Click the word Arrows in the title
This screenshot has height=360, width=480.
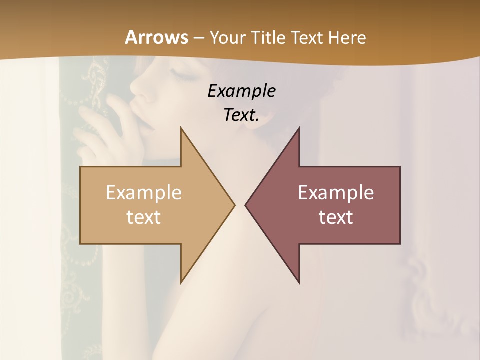[x=156, y=37]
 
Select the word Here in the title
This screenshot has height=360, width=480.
[x=346, y=37]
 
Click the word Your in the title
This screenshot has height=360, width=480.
[x=228, y=37]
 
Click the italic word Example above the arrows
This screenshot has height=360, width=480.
[x=242, y=91]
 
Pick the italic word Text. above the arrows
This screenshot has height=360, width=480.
[x=242, y=115]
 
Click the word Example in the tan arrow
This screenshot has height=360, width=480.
[x=144, y=192]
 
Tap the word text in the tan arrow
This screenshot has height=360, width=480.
[x=144, y=217]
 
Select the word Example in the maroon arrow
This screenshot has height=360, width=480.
[x=336, y=192]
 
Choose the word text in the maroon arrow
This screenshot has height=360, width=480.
[x=336, y=217]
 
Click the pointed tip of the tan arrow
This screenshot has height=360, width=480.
[x=234, y=205]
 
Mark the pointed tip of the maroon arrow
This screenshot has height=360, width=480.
[x=245, y=205]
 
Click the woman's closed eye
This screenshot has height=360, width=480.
[x=181, y=76]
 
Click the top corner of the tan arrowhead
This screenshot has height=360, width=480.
[x=181, y=128]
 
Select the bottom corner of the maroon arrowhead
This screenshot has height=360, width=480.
[x=299, y=283]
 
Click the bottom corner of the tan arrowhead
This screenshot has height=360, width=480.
[x=181, y=283]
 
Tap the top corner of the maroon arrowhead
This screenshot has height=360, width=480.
[x=299, y=128]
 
